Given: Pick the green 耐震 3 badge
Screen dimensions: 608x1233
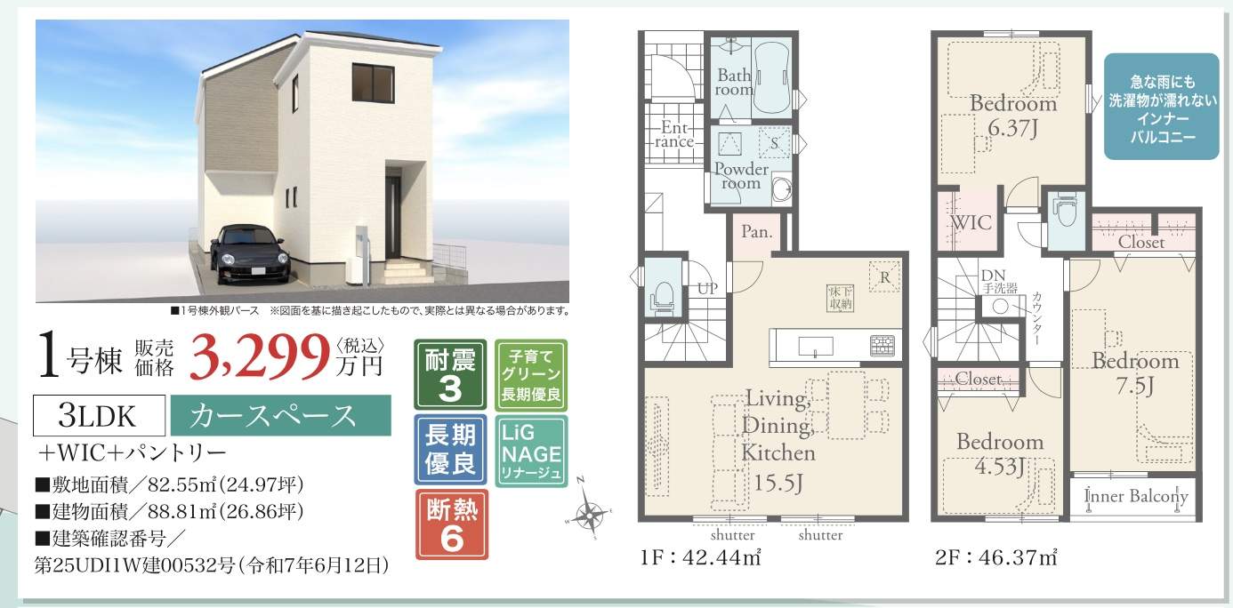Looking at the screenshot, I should coord(450,373).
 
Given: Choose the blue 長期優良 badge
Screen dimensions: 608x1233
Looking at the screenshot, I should coord(450,448).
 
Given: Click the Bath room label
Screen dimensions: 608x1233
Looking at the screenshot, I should coord(735,83).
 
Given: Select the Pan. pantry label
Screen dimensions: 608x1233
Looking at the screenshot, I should coord(756,234).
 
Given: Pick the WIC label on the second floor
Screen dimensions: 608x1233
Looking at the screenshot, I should coord(970,223).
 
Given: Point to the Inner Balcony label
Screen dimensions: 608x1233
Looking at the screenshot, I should coord(1136,497).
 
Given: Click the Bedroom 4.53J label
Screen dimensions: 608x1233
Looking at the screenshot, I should coord(1000,452).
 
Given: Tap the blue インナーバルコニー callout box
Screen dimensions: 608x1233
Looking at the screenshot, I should coord(1162,107).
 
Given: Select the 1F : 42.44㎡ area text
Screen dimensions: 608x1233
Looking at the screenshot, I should coord(698,559).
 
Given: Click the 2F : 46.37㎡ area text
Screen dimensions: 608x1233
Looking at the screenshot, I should coord(995,559).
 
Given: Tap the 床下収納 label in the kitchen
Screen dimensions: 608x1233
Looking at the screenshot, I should coord(840,298).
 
